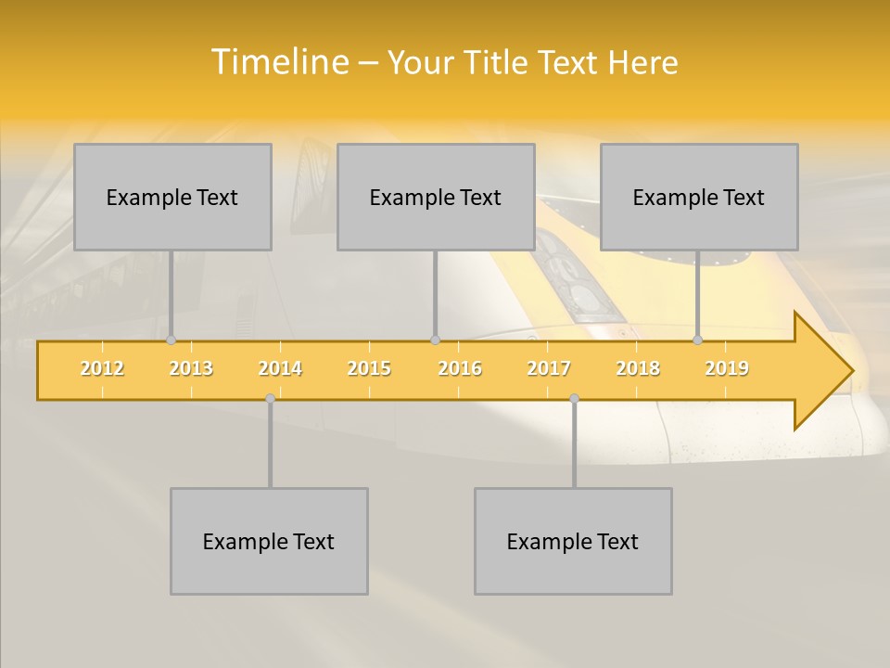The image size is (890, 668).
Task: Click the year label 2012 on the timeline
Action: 102,368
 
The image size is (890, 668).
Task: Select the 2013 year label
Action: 191,368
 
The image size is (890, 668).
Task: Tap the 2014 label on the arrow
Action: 280,368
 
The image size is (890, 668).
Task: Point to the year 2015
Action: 369,368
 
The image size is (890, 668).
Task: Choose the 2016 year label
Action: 460,368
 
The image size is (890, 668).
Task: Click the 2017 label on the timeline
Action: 549,368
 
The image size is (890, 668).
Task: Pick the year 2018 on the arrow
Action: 638,368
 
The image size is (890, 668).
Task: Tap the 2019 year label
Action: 727,368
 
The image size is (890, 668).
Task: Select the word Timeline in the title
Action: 279,62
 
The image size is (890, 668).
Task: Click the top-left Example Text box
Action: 172,197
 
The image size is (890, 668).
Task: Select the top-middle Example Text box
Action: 436,197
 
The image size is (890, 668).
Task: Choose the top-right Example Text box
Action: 699,197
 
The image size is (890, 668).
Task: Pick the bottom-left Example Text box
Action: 269,541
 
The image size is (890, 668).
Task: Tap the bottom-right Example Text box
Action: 573,541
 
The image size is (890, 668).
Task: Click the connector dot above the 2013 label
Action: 172,340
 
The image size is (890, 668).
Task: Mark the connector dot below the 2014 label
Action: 270,398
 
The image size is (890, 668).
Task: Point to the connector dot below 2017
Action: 574,398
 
